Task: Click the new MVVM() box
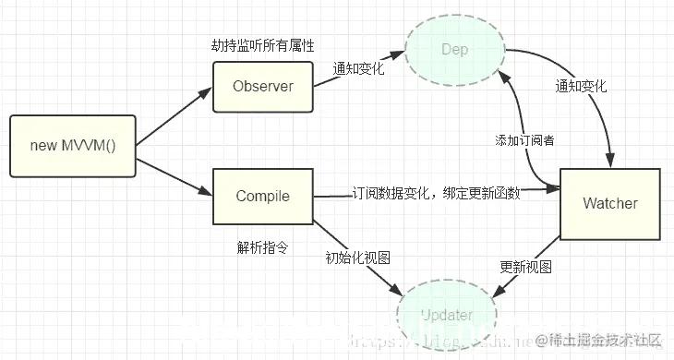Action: pos(72,146)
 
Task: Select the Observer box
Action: pos(263,87)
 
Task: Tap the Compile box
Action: pos(263,196)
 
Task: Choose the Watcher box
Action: pos(610,202)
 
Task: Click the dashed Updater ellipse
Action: pos(447,316)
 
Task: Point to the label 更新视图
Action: pos(526,266)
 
